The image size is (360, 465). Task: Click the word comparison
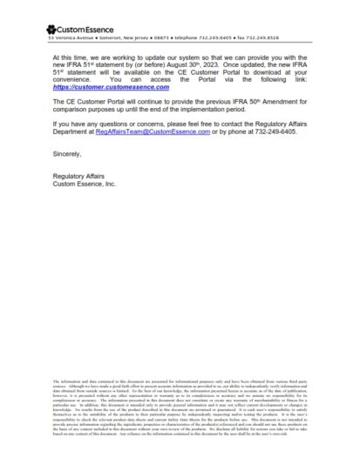pos(73,111)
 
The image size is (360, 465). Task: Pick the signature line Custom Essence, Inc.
pos(85,184)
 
